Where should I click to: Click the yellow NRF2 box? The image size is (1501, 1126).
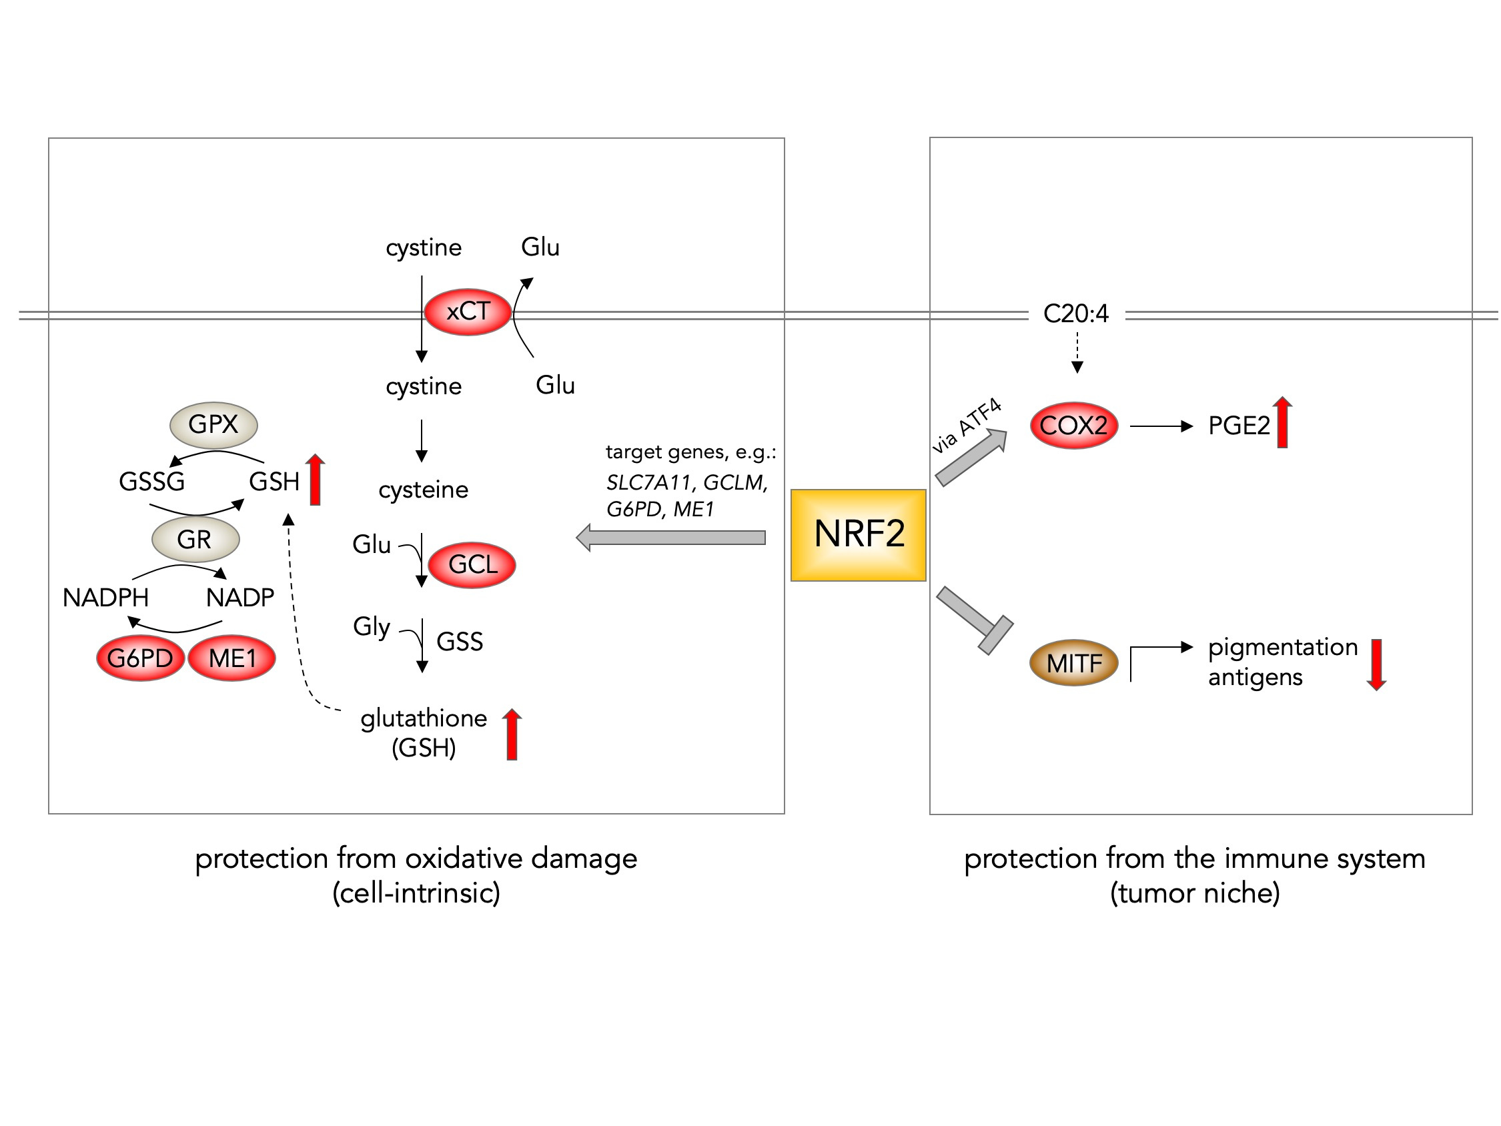click(859, 535)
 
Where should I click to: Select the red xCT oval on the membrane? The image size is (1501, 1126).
click(468, 312)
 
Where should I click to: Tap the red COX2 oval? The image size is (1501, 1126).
click(1073, 426)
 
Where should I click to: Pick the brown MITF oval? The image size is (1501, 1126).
click(1073, 663)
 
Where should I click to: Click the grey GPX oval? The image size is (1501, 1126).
click(213, 425)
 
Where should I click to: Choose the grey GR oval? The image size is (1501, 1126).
click(195, 540)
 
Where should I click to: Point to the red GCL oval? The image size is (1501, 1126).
click(472, 565)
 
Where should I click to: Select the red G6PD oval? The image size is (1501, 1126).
click(141, 658)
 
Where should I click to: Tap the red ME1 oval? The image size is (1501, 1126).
click(232, 658)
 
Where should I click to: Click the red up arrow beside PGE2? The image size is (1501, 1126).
click(1282, 422)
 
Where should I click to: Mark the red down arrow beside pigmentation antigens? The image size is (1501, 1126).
click(1376, 664)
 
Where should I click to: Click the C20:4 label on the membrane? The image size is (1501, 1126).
click(1075, 314)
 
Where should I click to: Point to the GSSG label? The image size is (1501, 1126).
click(152, 482)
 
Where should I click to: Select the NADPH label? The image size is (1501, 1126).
click(106, 598)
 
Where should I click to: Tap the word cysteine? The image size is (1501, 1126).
click(424, 490)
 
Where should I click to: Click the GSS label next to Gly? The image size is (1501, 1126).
click(460, 642)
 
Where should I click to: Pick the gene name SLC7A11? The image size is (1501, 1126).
click(648, 482)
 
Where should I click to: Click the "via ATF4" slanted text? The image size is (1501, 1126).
click(966, 426)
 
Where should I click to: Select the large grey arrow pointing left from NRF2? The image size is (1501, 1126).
click(671, 538)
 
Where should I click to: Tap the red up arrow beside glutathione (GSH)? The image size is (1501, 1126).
click(512, 734)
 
